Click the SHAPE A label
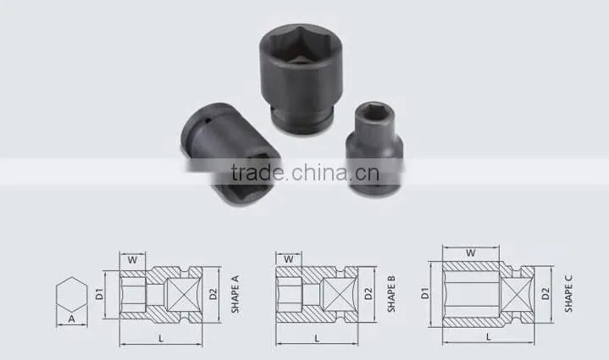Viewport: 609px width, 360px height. click(235, 294)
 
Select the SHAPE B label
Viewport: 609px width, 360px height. click(391, 294)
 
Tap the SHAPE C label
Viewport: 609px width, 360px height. click(568, 293)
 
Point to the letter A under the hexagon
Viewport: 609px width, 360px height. click(71, 319)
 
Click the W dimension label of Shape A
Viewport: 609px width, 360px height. click(132, 260)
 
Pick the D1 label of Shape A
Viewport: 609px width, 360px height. click(100, 294)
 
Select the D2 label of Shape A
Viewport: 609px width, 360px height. click(213, 294)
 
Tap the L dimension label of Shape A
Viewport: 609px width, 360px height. click(161, 339)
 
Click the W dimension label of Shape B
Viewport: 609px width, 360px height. click(289, 259)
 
